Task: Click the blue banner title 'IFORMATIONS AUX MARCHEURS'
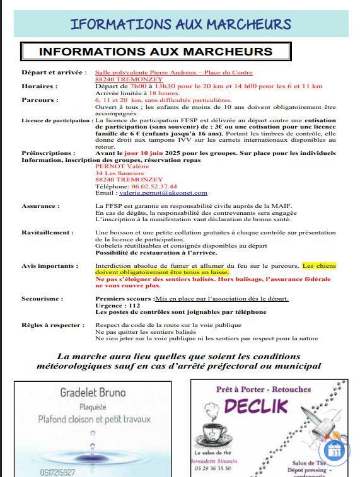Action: [x=180, y=25]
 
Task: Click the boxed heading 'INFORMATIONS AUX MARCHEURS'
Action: [x=156, y=52]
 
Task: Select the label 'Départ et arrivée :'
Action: [x=54, y=72]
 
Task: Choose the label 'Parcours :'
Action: [x=40, y=100]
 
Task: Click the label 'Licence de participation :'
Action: [x=57, y=120]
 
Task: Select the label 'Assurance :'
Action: [x=40, y=206]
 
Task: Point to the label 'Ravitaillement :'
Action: [x=47, y=233]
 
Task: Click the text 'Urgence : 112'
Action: [x=118, y=305]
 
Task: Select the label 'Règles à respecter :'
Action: [x=53, y=325]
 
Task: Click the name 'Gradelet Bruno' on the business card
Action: [x=93, y=393]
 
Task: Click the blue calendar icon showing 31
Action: [x=335, y=451]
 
